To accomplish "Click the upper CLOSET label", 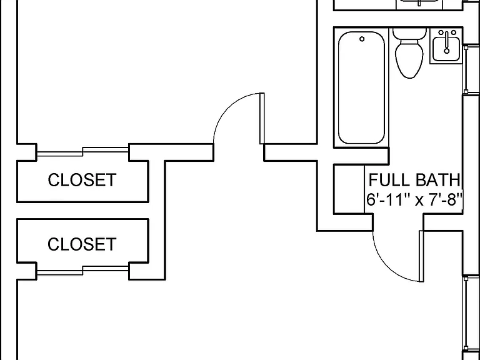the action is (x=82, y=180).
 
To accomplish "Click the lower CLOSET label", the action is (x=82, y=244).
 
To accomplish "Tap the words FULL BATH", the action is (x=414, y=180).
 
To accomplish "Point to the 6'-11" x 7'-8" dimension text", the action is (x=414, y=200).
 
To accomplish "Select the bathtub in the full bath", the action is (x=361, y=87).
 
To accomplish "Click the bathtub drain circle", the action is (x=362, y=39).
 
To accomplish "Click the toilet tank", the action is (x=409, y=34).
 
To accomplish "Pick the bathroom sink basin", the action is (x=446, y=48).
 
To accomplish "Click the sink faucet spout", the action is (x=447, y=42).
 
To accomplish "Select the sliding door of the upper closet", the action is (x=82, y=151).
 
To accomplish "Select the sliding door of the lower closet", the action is (x=82, y=271).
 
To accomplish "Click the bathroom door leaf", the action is (x=421, y=256).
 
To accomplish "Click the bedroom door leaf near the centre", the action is (x=262, y=118).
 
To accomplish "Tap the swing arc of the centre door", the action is (x=227, y=107).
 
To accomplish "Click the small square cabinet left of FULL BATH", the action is (x=349, y=189).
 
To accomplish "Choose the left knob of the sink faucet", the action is (x=441, y=32).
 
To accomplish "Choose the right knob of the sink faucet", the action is (x=454, y=32).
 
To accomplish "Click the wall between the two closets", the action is (x=82, y=211).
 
